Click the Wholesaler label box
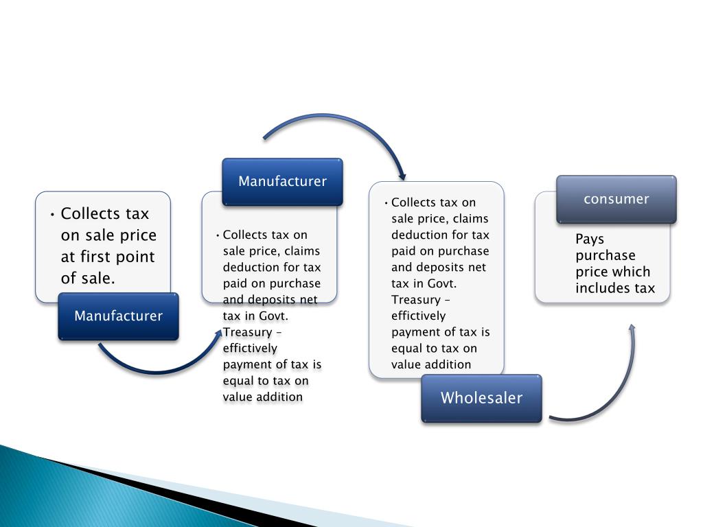(481, 398)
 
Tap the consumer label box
(616, 199)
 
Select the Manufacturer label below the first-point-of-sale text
(118, 316)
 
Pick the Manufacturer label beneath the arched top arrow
(282, 181)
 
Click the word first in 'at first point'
(102, 257)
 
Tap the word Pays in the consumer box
(590, 239)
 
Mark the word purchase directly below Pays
(606, 255)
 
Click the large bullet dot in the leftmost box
(52, 214)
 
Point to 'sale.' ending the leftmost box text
(95, 279)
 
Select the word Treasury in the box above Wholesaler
(415, 300)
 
